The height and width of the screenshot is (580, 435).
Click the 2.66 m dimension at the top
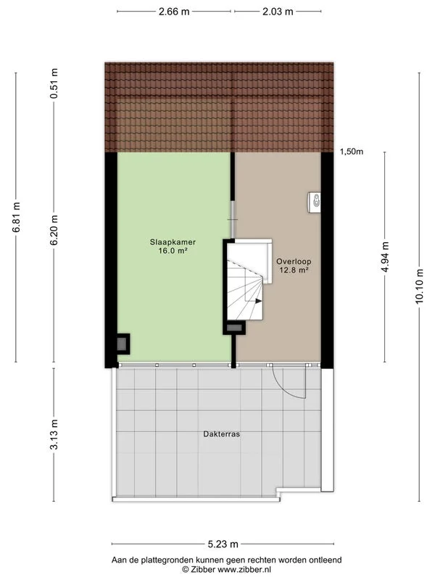coord(174,12)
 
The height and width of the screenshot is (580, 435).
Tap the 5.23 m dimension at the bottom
coord(223,543)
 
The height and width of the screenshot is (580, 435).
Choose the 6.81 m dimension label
coord(16,217)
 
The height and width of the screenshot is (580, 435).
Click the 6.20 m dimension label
coord(54,229)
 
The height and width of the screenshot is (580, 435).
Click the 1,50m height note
coord(352,152)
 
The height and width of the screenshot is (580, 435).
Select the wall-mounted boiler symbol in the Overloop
coord(315,202)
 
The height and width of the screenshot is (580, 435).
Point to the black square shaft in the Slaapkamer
coord(123,343)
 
